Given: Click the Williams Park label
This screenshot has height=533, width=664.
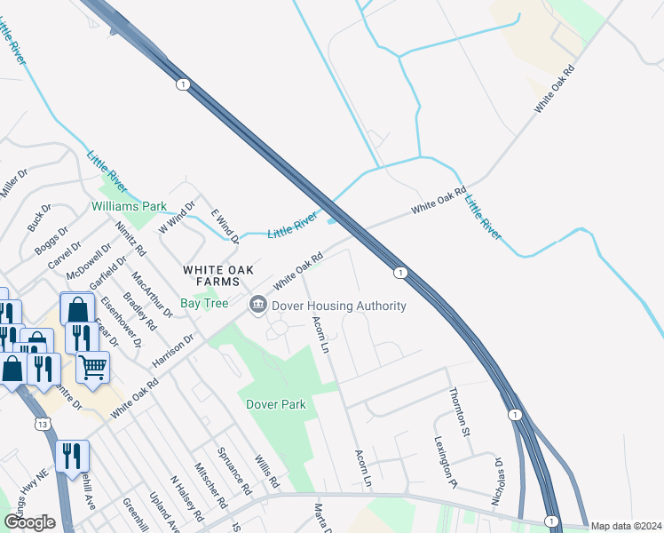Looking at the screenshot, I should point(129,206).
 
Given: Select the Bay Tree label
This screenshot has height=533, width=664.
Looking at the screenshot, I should point(204,304).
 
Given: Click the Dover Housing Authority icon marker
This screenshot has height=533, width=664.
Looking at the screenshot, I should point(258,306).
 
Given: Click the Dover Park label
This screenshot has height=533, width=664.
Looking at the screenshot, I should point(276,404).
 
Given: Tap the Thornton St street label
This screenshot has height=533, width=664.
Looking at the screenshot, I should point(458,411).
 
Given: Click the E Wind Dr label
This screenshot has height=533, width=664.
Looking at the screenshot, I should point(225,227).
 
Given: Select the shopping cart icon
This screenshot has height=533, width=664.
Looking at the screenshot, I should point(92,365).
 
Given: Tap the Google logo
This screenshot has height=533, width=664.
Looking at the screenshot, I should point(30,522).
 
